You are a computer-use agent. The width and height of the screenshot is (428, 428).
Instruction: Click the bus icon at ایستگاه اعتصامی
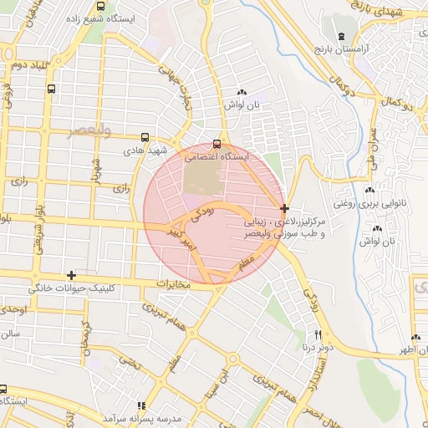pos(218,144)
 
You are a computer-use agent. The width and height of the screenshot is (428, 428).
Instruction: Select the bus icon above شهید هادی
pos(145,137)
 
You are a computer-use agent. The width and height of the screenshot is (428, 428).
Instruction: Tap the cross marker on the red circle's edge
pos(285,207)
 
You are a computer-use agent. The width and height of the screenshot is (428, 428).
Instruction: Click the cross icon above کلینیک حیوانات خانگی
pos(72,275)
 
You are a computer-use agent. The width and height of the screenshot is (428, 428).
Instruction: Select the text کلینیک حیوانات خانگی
pos(70,288)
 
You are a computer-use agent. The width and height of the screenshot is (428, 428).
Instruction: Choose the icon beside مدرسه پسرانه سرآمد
pos(140,405)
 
